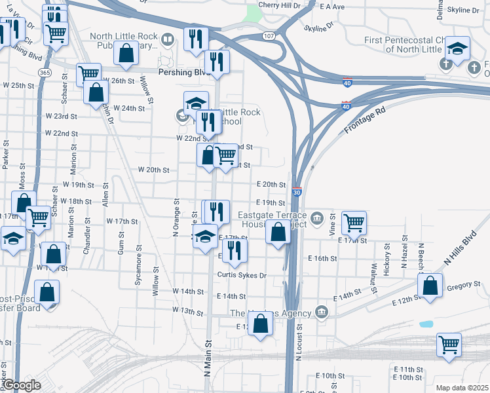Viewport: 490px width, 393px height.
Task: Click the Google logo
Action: click(21, 386)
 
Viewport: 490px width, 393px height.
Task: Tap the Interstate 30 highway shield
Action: click(297, 193)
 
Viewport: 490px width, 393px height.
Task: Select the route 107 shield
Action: click(269, 35)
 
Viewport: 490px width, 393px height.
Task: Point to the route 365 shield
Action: click(45, 72)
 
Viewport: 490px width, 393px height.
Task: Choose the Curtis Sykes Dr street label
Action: click(242, 275)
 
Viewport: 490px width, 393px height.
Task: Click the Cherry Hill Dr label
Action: click(278, 5)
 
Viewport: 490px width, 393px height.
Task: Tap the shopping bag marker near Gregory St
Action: click(429, 286)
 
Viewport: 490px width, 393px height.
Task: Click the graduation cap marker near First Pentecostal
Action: click(457, 47)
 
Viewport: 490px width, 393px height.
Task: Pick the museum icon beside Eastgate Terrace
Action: click(318, 217)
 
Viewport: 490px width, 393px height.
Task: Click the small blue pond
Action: click(426, 324)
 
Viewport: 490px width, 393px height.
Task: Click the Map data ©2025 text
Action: click(461, 388)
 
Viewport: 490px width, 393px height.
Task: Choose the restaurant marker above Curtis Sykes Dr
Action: click(234, 250)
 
